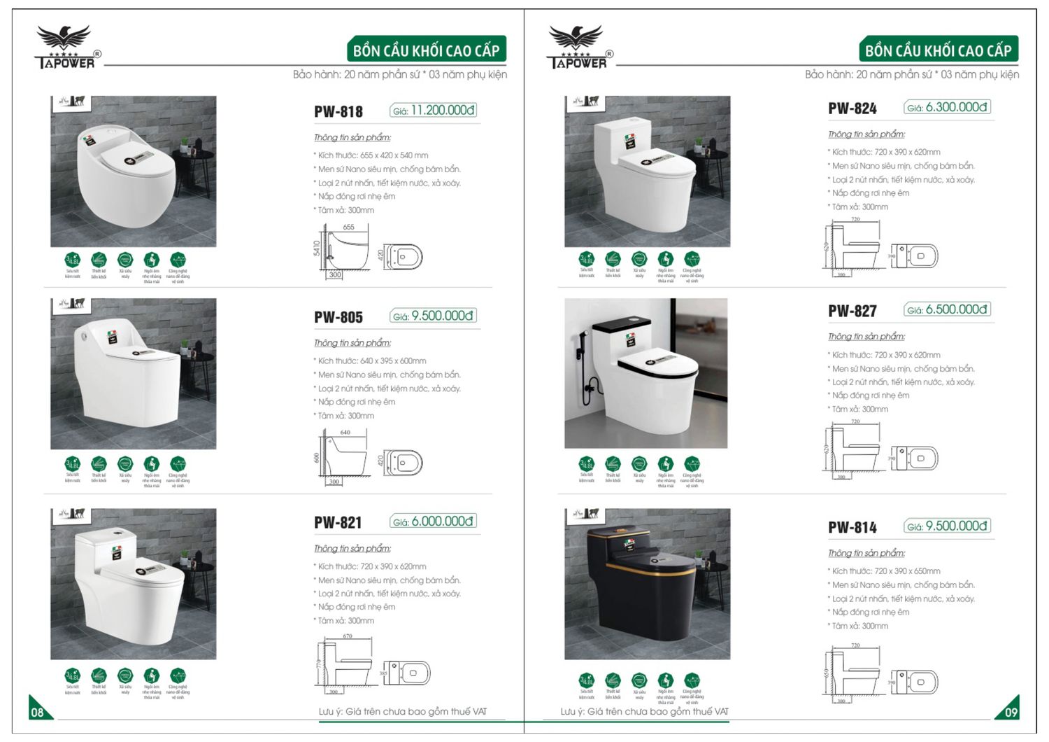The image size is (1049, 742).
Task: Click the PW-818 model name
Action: (x=338, y=111)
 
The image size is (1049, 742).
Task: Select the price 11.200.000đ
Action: (x=434, y=111)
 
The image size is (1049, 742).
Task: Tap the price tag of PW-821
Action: (x=434, y=521)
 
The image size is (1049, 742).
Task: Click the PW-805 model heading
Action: (x=338, y=317)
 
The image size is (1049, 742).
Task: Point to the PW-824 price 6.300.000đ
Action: (x=948, y=108)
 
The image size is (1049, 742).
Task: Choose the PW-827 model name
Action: (x=852, y=311)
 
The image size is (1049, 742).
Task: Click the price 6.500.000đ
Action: (x=948, y=309)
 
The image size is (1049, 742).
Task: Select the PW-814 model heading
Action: (x=852, y=527)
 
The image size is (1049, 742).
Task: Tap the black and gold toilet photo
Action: (x=647, y=584)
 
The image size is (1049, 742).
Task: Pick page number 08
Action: (x=38, y=712)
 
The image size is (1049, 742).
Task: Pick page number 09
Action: (x=1011, y=712)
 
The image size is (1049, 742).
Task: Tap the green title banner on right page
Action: (x=938, y=50)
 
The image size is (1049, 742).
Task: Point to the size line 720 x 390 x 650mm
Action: (x=885, y=571)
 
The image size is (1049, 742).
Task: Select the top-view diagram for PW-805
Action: (x=404, y=463)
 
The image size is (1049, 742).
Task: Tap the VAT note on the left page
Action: (x=403, y=711)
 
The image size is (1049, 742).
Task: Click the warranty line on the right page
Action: (x=911, y=74)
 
